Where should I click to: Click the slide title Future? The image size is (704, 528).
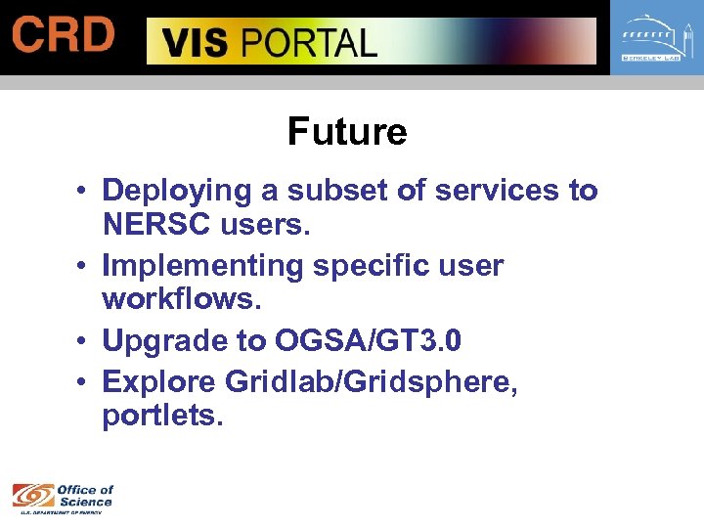coord(347,131)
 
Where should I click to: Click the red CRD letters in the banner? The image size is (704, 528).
coord(64,36)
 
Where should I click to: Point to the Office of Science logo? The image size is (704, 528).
coord(63,497)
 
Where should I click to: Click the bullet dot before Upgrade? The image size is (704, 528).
coord(86,342)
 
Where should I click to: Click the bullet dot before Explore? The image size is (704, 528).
coord(86,380)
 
